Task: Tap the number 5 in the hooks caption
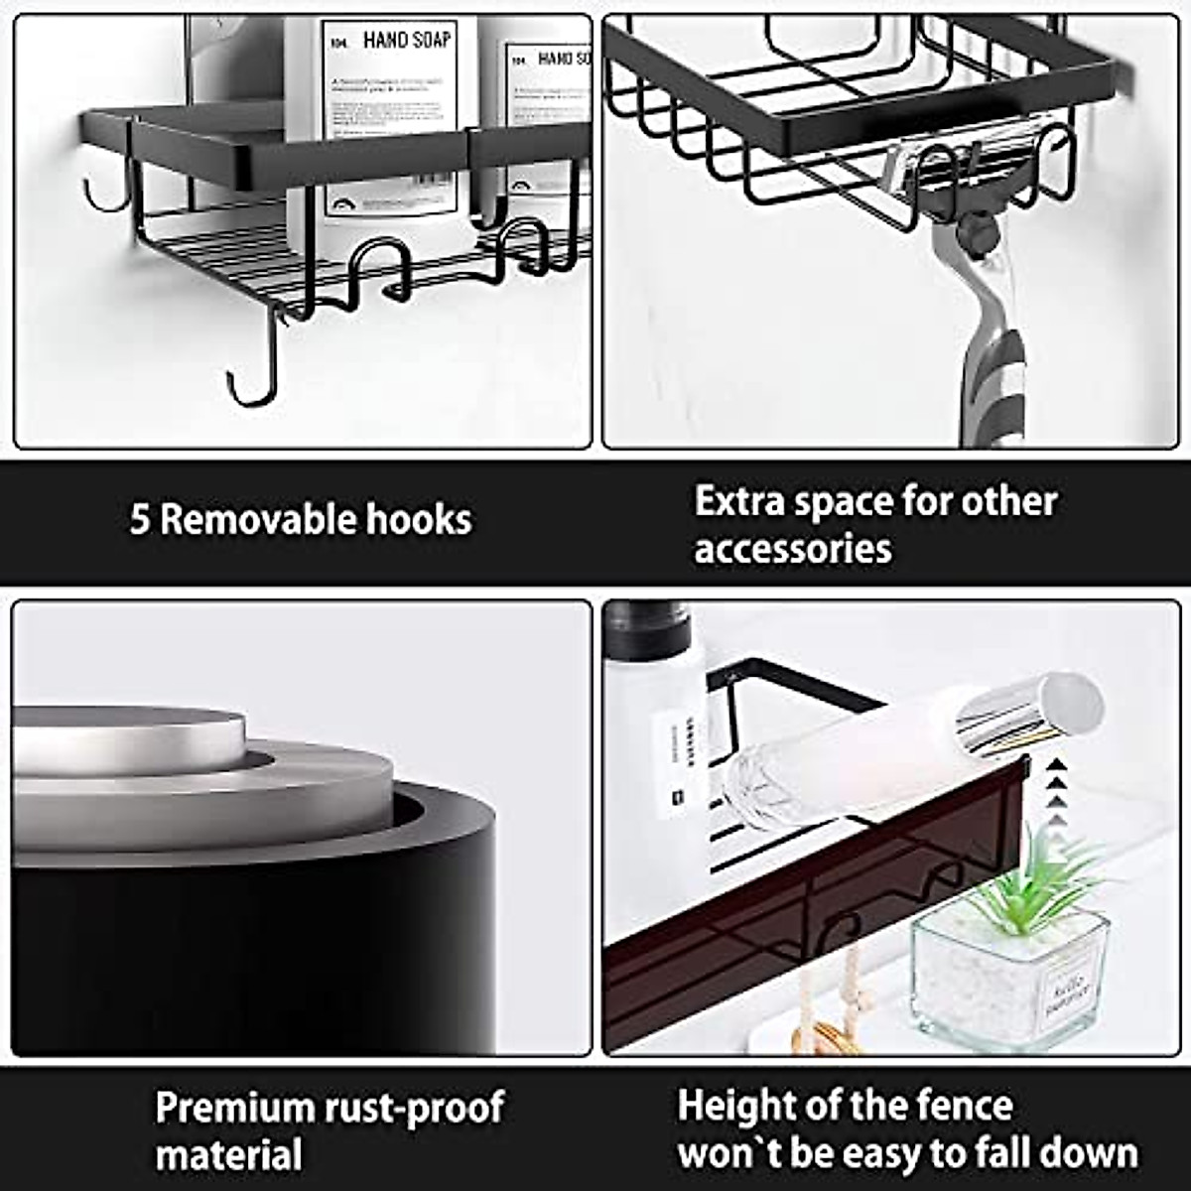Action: (139, 520)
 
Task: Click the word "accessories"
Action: (792, 548)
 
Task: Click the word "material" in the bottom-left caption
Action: (228, 1155)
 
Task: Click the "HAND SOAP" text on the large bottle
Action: (406, 41)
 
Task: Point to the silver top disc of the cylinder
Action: (129, 739)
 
